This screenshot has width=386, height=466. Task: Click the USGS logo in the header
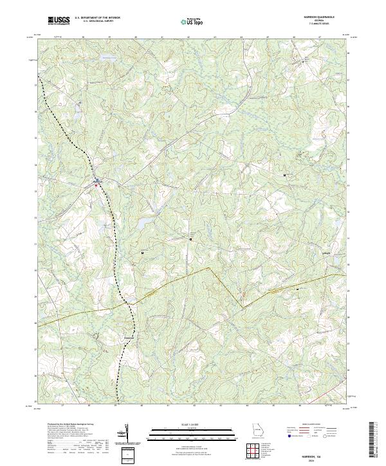coord(59,21)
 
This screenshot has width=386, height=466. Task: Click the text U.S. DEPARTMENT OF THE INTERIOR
coord(97,18)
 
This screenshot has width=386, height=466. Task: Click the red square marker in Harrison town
coord(97,186)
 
